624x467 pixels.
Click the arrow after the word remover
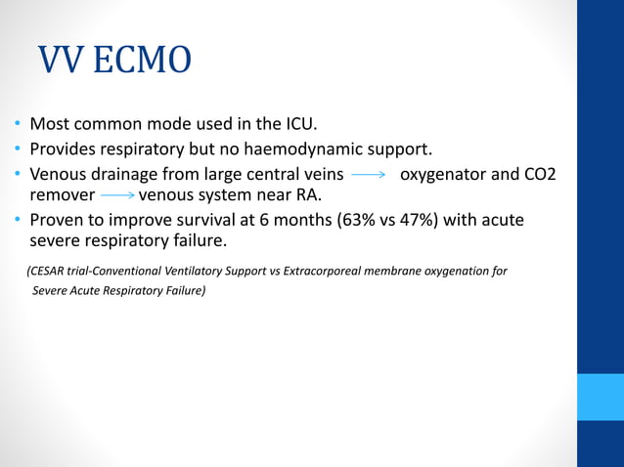(118, 194)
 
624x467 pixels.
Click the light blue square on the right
(600, 397)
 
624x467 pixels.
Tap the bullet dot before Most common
(17, 126)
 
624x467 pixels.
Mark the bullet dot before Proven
(17, 221)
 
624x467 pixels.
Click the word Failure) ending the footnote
(183, 290)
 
